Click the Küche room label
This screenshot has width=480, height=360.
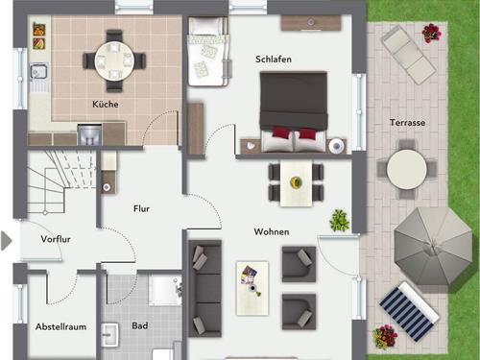point(106,104)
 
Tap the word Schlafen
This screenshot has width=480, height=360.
point(274,60)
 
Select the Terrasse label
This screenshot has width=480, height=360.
point(407,123)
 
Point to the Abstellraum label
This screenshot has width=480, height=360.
point(60,326)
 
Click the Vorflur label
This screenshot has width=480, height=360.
point(56,239)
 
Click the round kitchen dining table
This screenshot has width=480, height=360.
point(114,60)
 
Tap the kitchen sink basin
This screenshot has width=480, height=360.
point(38,71)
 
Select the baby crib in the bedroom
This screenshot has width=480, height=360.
point(208,51)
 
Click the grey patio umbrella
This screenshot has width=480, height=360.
point(433,246)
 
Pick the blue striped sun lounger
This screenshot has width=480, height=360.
point(409,311)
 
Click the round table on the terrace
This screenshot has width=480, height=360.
point(407,169)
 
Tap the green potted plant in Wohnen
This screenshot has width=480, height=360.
point(340,220)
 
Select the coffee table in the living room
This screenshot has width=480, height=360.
point(252,288)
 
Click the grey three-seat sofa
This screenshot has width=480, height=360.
point(205,289)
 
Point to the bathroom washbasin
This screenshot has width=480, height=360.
point(110,335)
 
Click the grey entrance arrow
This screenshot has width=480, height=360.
point(6,241)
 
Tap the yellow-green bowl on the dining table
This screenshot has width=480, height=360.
point(296,182)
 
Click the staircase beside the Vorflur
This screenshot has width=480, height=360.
point(60,182)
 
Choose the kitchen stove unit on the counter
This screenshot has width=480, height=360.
point(89,134)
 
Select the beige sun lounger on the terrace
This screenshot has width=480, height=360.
point(408,55)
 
